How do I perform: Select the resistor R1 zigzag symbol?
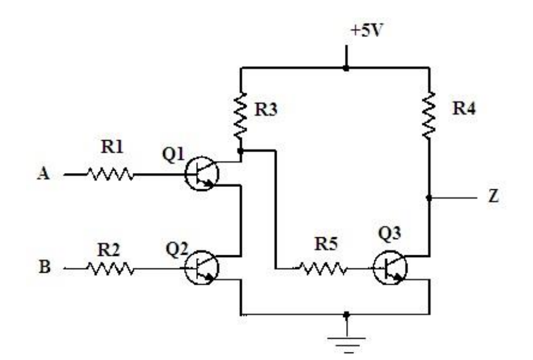(x=110, y=174)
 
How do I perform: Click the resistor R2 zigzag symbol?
(x=110, y=269)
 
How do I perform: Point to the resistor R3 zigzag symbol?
(x=240, y=116)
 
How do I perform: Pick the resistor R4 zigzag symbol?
(x=429, y=116)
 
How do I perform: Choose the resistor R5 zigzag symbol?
(x=322, y=269)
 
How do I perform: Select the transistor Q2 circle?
(x=201, y=268)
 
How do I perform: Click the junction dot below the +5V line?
(x=346, y=68)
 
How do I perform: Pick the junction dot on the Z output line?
(x=429, y=198)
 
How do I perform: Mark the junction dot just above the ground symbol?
(x=346, y=315)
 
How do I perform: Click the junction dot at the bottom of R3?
(x=240, y=150)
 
